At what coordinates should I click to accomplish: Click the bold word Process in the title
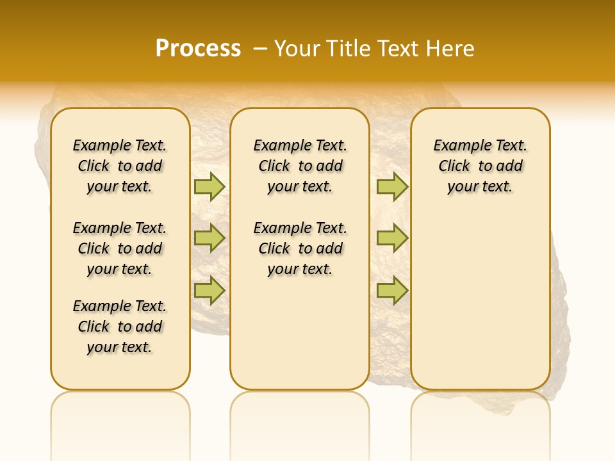tap(198, 49)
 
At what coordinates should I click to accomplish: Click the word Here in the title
tap(452, 49)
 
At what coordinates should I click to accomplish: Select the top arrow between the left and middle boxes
tap(209, 186)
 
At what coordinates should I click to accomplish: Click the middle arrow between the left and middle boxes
tap(209, 238)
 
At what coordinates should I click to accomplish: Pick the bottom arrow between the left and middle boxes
tap(209, 290)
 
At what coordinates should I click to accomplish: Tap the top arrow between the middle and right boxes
tap(392, 186)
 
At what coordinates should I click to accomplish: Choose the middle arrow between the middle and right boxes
tap(392, 238)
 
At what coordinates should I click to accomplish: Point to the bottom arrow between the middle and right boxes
tap(392, 290)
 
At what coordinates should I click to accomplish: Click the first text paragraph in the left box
tap(120, 166)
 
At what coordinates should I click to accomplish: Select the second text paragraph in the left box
tap(120, 248)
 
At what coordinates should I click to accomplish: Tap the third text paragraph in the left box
tap(120, 327)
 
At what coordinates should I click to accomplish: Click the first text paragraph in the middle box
tap(300, 166)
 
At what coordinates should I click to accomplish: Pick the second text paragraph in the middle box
tap(300, 248)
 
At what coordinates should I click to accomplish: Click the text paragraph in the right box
tap(480, 166)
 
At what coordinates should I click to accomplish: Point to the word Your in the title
tap(298, 49)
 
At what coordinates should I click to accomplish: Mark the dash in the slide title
tap(259, 49)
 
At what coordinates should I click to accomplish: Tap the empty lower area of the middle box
tap(300, 333)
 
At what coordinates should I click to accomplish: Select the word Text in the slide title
tap(398, 49)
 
